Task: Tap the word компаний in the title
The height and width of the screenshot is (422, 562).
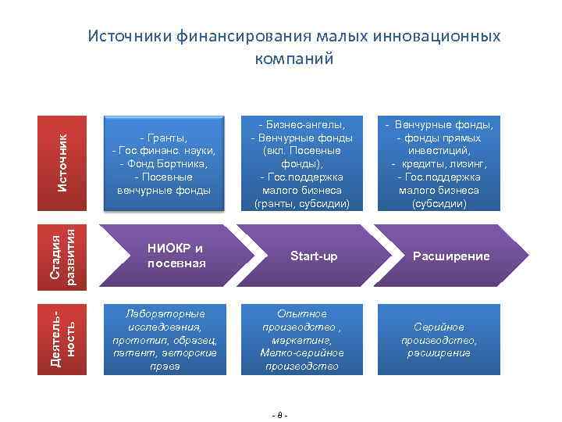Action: coord(294,59)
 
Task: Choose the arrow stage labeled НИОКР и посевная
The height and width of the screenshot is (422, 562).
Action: coord(176,256)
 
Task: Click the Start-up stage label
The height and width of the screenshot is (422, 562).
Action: coord(314,256)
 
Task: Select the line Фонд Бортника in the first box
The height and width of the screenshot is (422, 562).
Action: coord(164,163)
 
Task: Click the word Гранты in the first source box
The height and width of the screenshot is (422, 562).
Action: coord(165,137)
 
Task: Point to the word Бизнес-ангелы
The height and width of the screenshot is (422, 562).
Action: coord(303,124)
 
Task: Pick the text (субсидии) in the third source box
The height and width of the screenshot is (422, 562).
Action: coord(443,204)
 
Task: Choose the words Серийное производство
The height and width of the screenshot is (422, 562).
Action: coord(439,334)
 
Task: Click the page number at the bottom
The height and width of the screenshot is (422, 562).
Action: coord(280,414)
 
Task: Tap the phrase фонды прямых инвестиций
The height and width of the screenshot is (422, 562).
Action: coord(443,144)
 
